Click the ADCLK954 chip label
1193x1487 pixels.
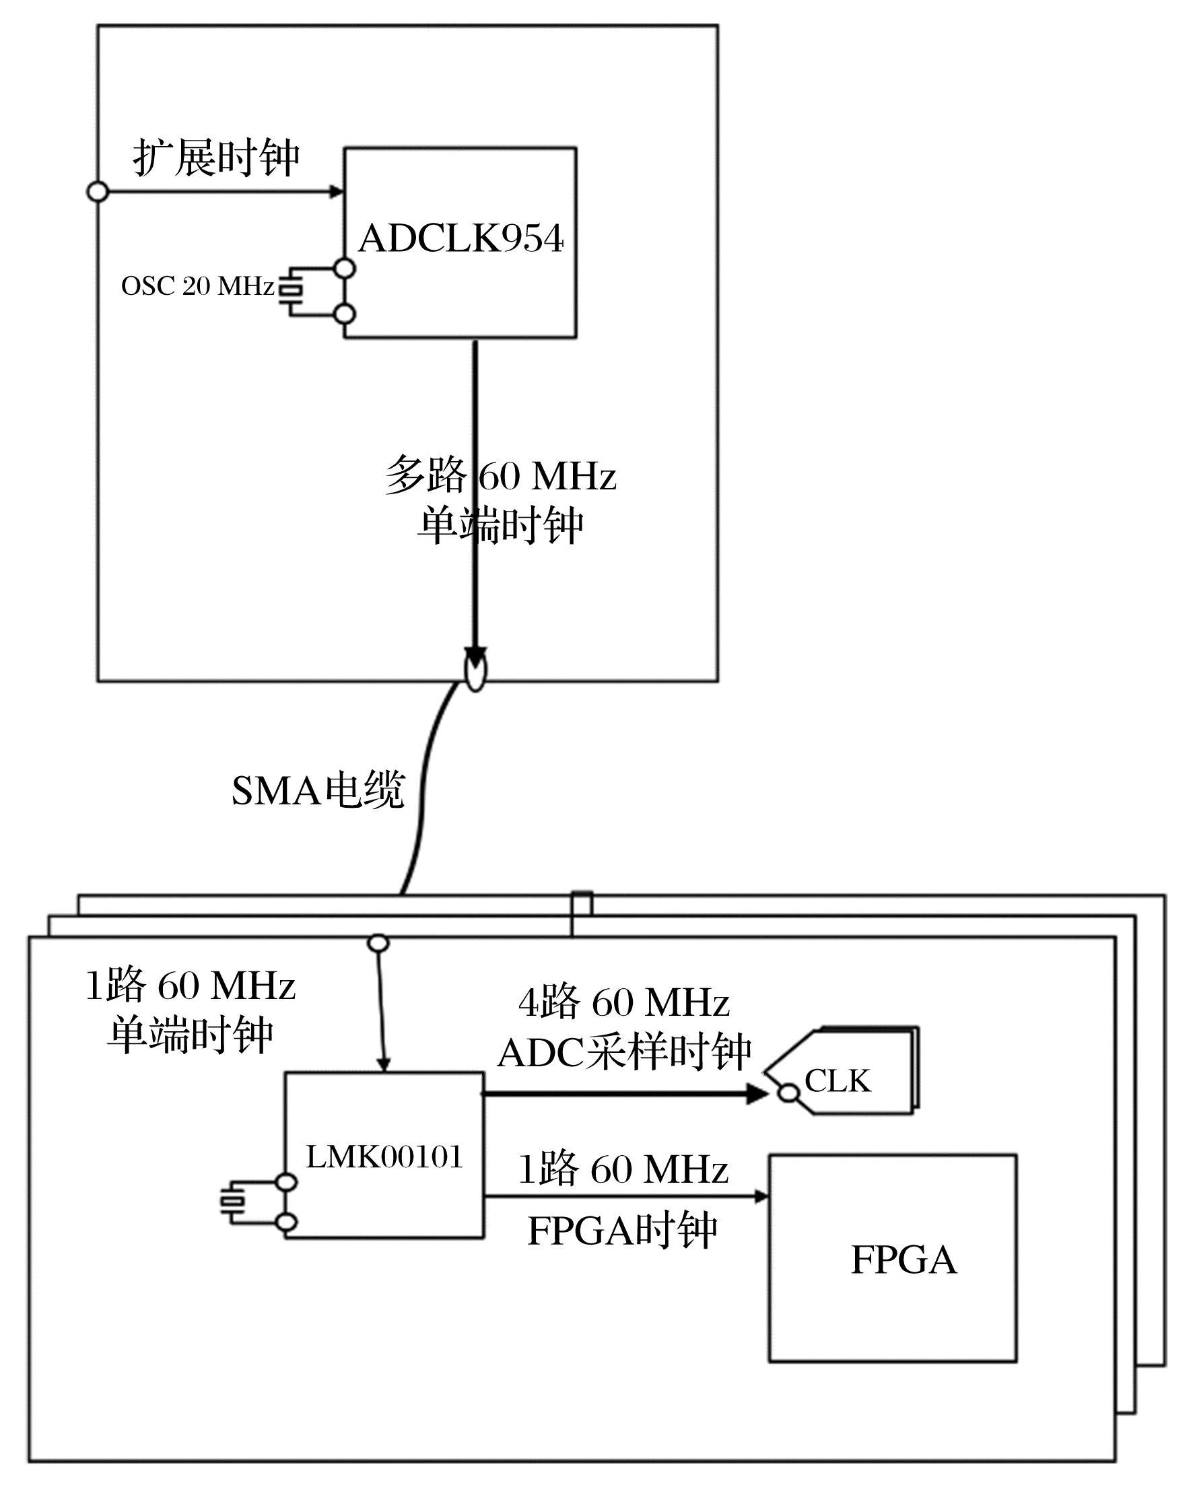pos(461,239)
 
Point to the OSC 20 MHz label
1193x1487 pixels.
pos(197,285)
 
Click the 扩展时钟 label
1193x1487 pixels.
pos(216,158)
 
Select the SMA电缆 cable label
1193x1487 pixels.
pos(318,790)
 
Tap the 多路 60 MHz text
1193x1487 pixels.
pos(500,475)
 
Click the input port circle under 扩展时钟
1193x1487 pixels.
pos(98,192)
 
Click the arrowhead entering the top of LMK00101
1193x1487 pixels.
pos(384,1064)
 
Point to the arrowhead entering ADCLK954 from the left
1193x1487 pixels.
pos(337,192)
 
